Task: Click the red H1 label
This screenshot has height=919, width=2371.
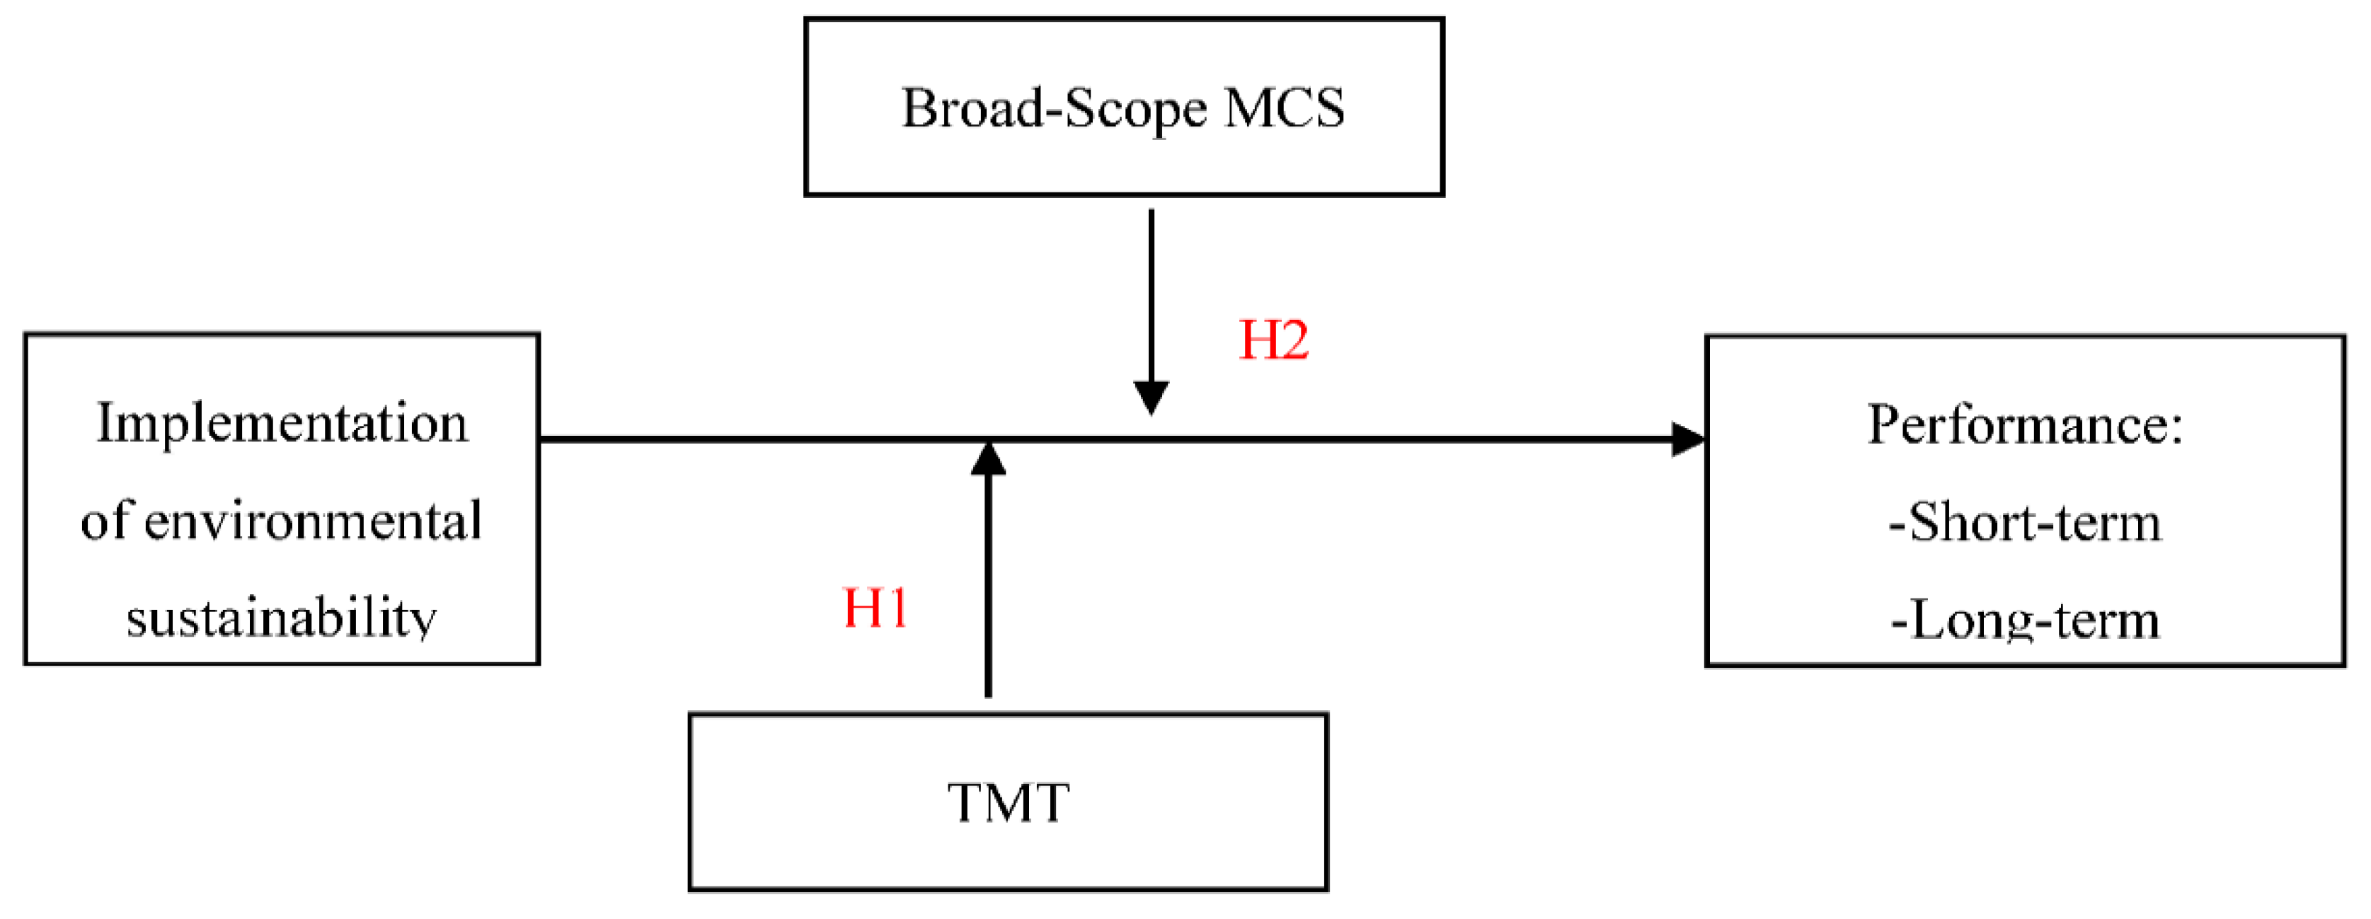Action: (x=876, y=608)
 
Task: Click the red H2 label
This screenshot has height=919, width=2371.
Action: (x=1274, y=340)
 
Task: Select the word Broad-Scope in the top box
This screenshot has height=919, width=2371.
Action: (x=1054, y=108)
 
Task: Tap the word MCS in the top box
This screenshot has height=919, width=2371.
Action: (x=1285, y=108)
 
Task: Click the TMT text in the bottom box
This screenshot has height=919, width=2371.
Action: (x=1009, y=802)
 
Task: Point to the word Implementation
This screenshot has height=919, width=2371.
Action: (x=282, y=424)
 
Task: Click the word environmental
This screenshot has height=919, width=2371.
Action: (x=313, y=521)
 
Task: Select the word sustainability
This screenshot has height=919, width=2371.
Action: (x=282, y=618)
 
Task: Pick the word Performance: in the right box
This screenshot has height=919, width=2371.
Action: (x=2025, y=425)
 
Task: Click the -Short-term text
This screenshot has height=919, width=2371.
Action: (x=2025, y=523)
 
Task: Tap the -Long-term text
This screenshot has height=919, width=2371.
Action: (x=2025, y=620)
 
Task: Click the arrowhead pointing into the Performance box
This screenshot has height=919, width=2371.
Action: (x=1688, y=440)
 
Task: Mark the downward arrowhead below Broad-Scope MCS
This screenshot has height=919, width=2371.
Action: (x=1152, y=398)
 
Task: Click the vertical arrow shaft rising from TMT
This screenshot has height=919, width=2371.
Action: (x=989, y=589)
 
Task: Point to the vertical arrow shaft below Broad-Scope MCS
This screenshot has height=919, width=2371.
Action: (x=1152, y=294)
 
